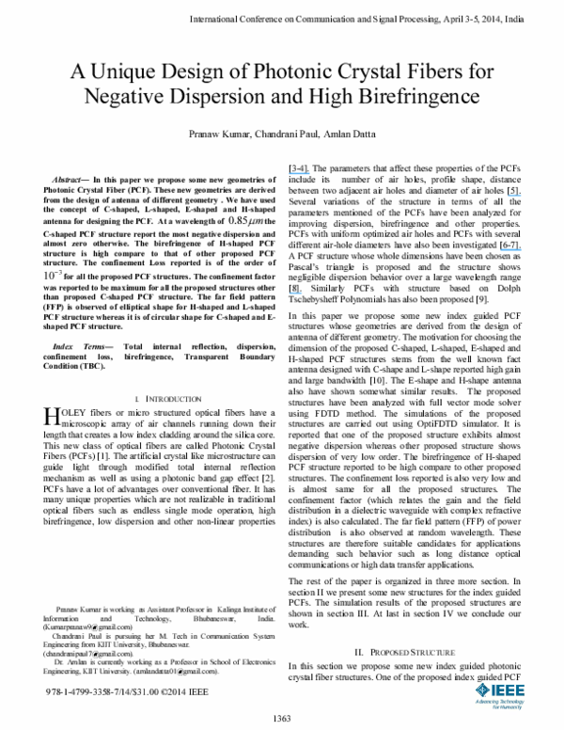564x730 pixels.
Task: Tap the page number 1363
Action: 281,720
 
